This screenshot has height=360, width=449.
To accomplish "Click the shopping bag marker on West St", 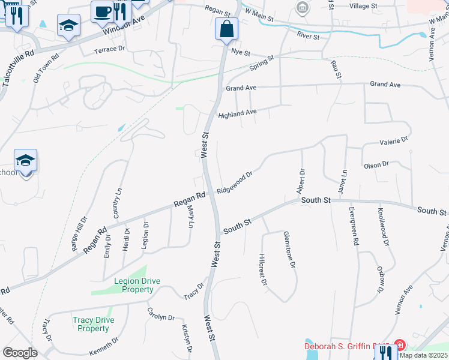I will pos(226,29).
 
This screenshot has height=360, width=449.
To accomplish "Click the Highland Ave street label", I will pos(237,113).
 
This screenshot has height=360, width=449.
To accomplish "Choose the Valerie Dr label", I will pos(393,141).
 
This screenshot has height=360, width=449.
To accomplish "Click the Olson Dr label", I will pos(376,164).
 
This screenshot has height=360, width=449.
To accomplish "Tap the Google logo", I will pos(20,352).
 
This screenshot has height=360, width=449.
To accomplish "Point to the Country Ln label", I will pos(117,203).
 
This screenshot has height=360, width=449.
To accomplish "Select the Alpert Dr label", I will pos(300,181).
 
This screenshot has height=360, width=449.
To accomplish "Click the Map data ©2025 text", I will pos(423,355).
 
